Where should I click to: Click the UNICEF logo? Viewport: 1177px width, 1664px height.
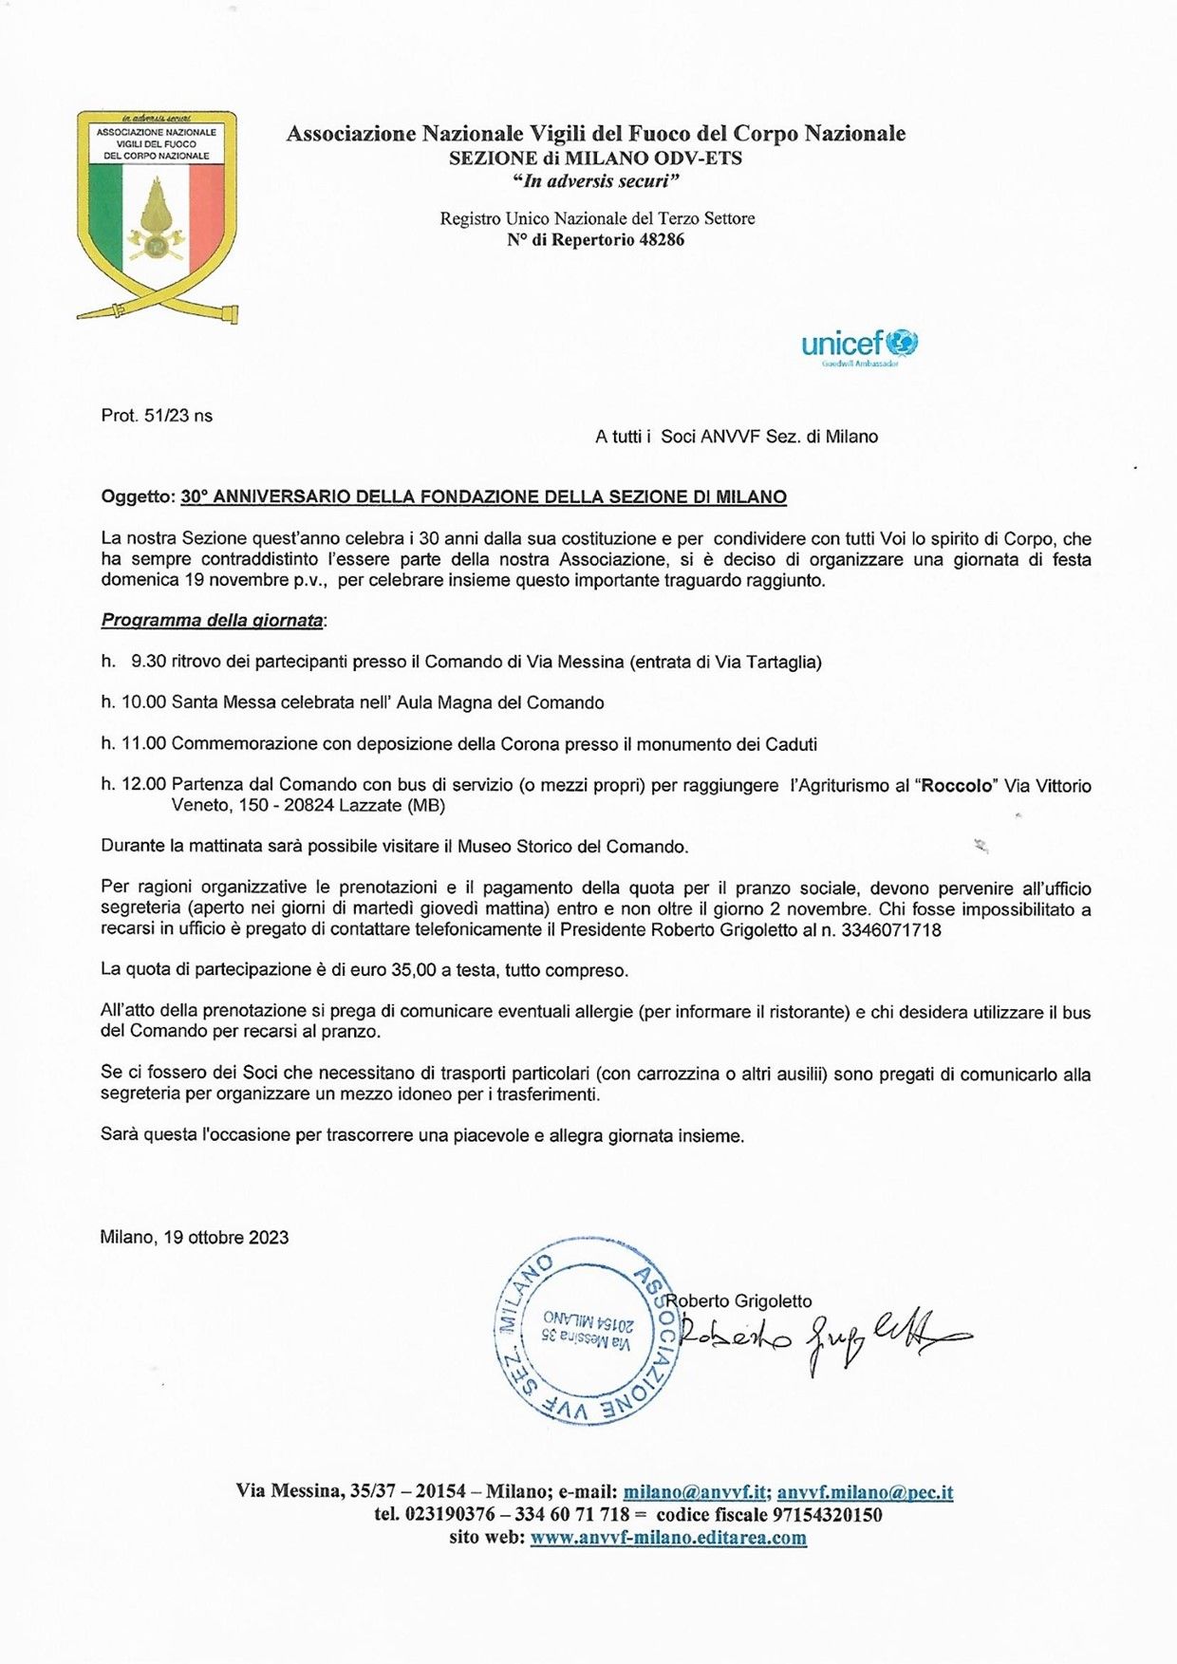point(859,346)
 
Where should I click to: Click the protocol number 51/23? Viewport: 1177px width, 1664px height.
point(165,416)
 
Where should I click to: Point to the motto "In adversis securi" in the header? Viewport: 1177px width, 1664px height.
point(595,181)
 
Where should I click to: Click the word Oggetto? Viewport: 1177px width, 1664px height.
point(138,496)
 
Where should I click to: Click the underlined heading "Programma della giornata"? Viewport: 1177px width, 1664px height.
point(212,621)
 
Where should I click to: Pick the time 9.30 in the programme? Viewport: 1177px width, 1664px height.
point(148,662)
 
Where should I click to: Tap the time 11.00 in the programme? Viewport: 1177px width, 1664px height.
point(143,744)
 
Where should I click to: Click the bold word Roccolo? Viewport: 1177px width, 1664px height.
point(960,786)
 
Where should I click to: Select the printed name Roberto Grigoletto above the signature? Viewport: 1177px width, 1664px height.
point(738,1301)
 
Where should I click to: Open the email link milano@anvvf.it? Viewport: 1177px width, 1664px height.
point(694,1491)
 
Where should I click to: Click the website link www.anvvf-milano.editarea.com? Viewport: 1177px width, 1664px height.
point(668,1538)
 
